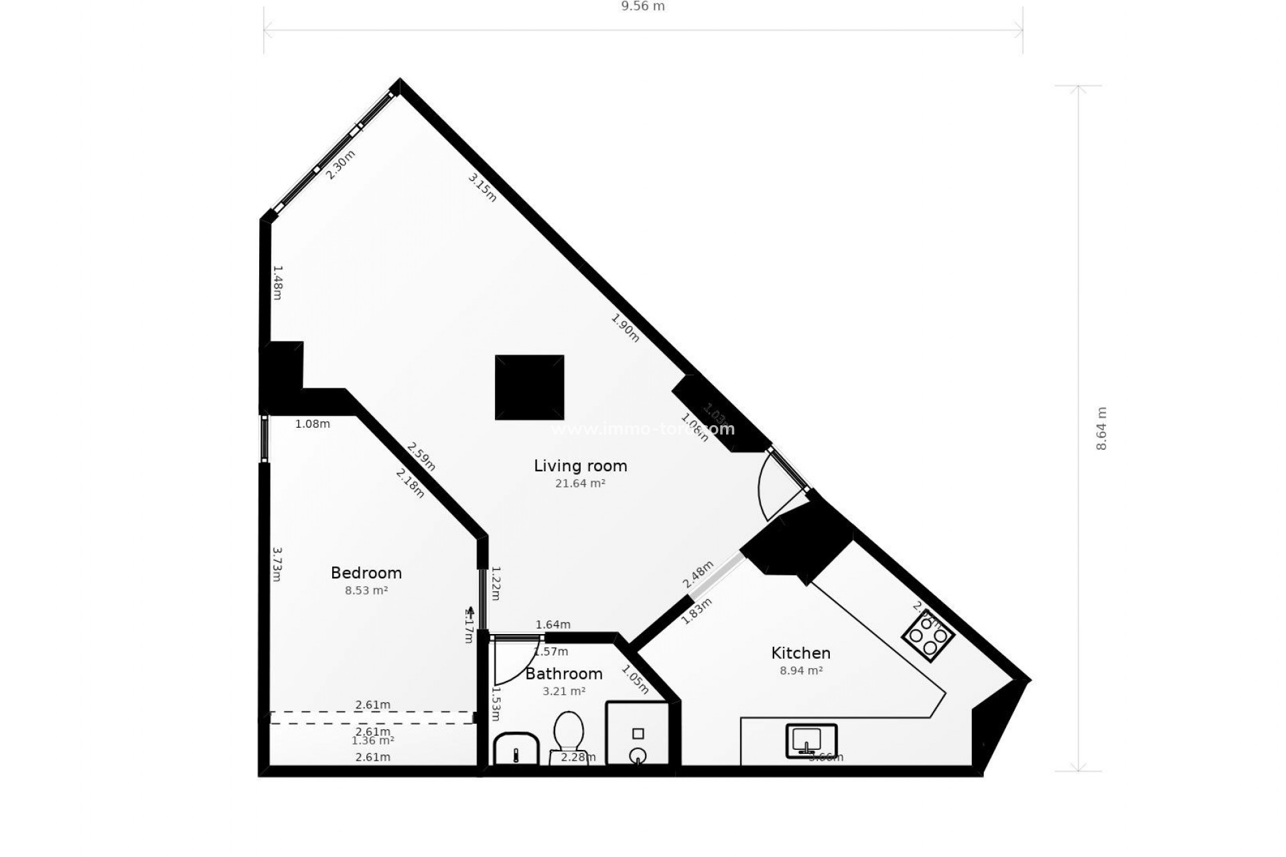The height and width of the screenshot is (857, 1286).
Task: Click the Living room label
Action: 580,466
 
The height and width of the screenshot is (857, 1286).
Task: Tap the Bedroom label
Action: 366,573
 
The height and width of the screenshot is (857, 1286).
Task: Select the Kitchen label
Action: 800,653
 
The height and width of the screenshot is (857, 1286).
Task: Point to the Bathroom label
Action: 563,674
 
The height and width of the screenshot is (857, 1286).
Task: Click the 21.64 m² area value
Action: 580,483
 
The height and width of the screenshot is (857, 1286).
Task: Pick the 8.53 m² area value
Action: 366,591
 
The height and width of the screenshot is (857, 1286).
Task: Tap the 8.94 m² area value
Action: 800,670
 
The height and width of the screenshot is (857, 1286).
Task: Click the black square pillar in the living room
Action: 529,388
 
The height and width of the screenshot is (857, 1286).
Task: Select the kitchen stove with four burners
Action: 928,637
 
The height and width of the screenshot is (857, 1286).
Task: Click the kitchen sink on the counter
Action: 810,741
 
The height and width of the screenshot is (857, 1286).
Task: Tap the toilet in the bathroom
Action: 569,732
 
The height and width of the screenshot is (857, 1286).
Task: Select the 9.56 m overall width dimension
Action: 643,7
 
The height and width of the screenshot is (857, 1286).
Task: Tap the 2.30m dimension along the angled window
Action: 340,165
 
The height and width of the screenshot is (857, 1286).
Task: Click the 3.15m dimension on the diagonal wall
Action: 482,187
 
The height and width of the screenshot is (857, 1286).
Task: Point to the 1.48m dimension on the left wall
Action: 277,283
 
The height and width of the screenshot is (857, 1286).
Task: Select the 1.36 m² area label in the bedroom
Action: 372,741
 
